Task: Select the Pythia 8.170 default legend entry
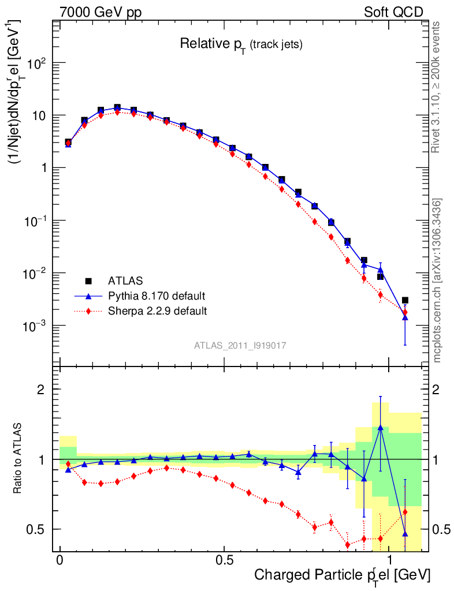156,296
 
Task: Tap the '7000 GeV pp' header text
101,12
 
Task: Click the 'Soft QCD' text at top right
393,12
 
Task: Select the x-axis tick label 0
59,560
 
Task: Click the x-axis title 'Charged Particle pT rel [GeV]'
342,575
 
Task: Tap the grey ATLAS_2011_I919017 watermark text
240,345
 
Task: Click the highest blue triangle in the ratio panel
380,428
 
